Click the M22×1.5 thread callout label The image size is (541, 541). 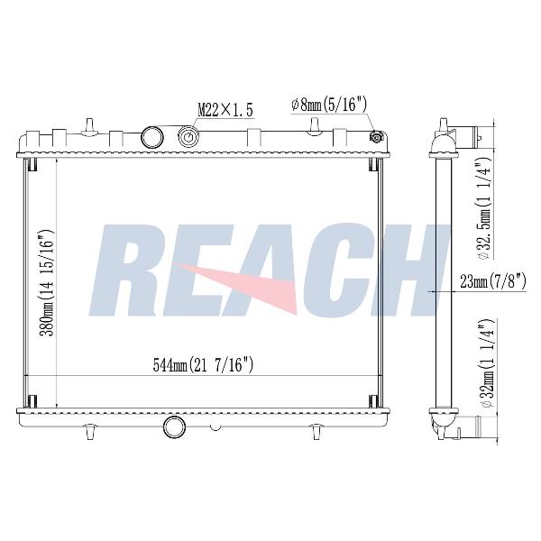225,110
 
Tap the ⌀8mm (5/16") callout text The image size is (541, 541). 329,105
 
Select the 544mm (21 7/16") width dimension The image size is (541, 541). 203,365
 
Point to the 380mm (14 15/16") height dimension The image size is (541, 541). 47,283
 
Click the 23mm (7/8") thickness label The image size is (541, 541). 493,281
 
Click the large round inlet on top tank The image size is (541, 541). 151,138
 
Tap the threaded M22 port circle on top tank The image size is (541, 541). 188,138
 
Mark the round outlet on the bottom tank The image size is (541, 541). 174,426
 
